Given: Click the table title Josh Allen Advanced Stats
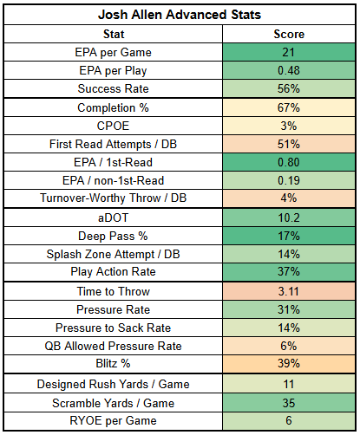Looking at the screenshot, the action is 180,15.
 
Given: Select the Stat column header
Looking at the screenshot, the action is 114,34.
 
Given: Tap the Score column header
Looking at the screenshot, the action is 289,34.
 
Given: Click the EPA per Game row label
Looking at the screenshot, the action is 113,52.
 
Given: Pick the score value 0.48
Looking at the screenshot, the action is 289,70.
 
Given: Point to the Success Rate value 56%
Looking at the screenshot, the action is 289,88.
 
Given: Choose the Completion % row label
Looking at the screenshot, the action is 113,107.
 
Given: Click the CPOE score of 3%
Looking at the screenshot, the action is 289,126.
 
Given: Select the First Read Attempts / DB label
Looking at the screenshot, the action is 113,144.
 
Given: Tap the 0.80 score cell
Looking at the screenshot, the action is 289,162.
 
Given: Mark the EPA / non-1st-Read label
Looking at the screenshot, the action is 113,180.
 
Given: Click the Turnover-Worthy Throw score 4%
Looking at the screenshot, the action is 289,198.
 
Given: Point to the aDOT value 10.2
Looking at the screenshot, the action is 289,217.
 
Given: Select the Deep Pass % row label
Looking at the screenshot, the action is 113,236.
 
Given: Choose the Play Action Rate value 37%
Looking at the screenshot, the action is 289,271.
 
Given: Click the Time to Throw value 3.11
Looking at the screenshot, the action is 289,291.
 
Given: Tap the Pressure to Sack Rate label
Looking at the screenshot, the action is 113,328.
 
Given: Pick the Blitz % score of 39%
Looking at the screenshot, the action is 289,363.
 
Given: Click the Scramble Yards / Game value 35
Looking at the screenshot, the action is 289,403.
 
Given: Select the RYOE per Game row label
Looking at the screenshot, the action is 113,420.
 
